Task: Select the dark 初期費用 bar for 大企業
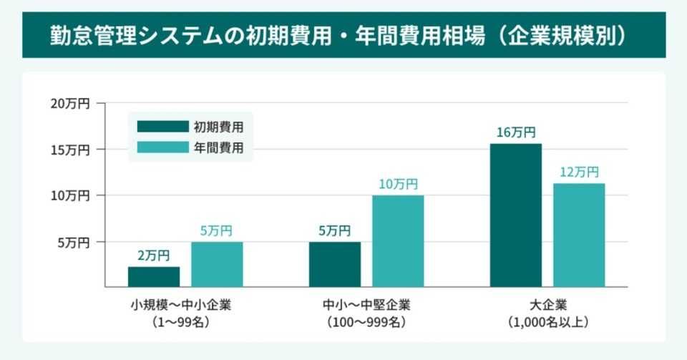coord(515,215)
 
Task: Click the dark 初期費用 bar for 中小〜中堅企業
coord(335,264)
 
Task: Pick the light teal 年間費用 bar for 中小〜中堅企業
coord(398,240)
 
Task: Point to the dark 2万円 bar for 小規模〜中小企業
coord(154,276)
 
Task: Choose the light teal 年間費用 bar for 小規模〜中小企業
coord(217,264)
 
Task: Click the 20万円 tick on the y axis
coord(69,104)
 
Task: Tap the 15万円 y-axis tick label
coord(69,150)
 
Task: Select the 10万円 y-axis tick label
coord(69,195)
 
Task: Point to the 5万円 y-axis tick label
coord(73,243)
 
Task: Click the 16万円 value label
coord(515,132)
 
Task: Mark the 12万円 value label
coord(579,172)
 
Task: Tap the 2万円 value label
coord(154,255)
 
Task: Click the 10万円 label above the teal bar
coord(398,184)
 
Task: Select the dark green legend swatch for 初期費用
coord(161,127)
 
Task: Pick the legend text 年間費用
coord(218,148)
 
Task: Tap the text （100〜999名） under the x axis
coord(366,323)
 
